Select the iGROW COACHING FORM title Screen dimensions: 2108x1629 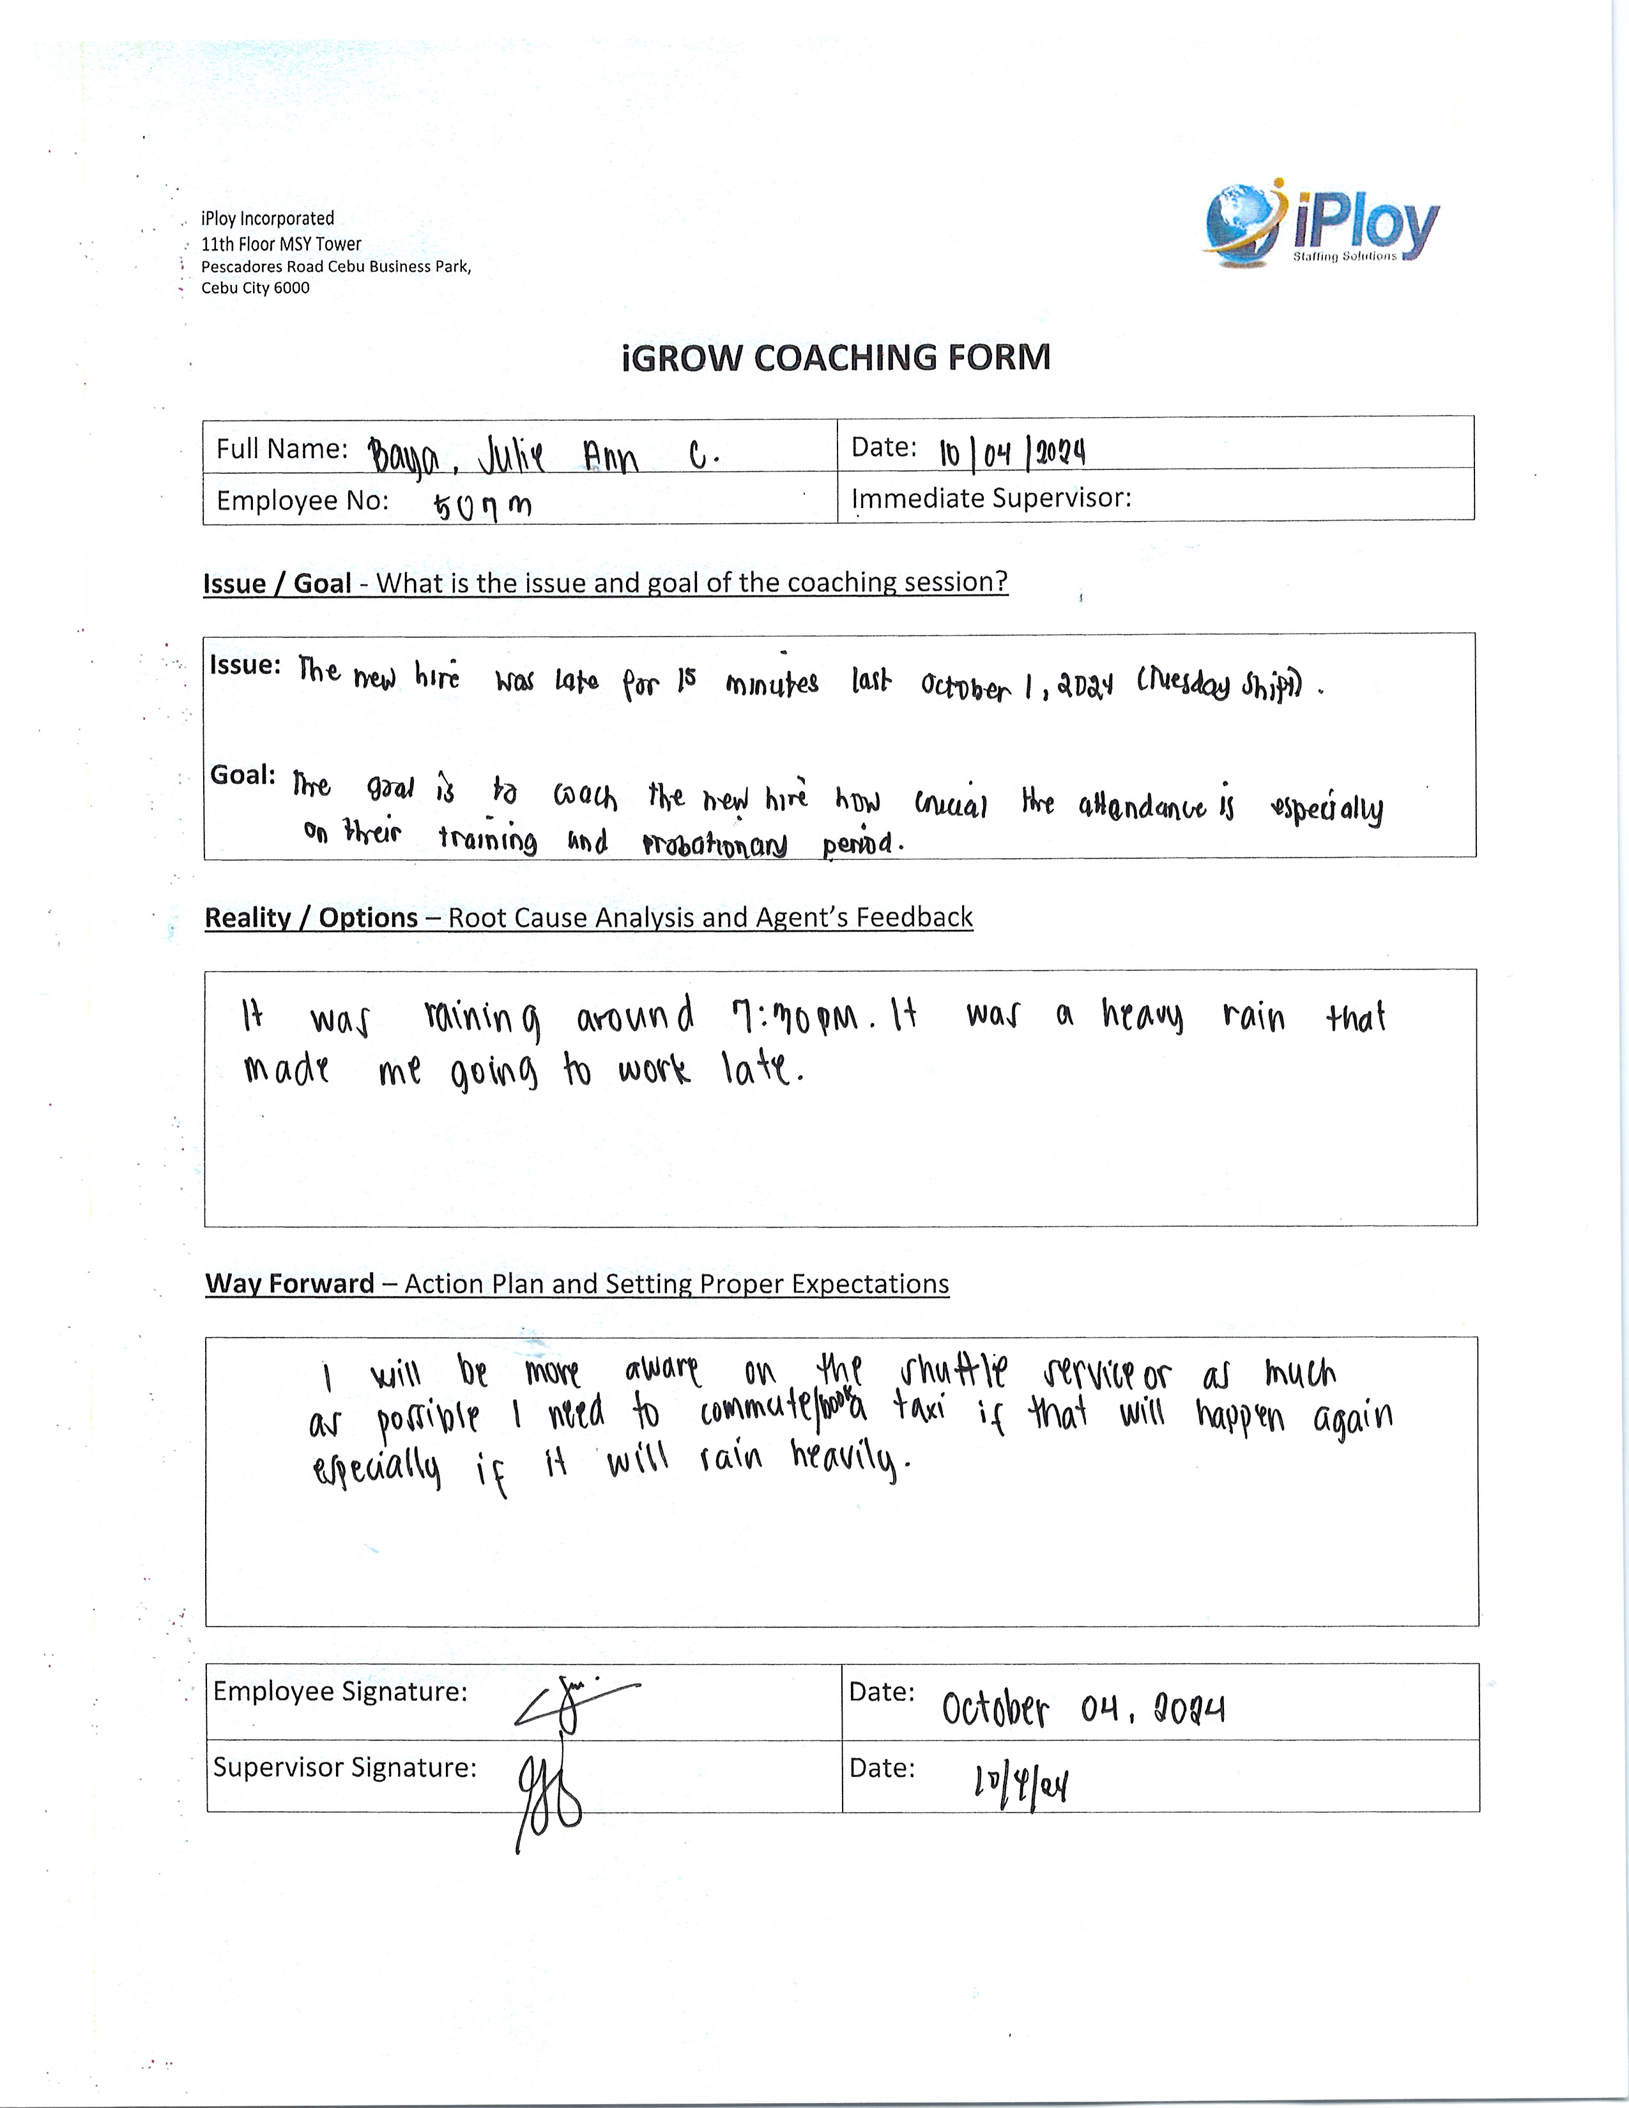click(x=836, y=357)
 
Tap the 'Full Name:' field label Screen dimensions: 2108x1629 click(x=281, y=449)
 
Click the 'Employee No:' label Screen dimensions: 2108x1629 click(x=302, y=500)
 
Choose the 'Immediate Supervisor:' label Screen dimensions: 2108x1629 click(x=990, y=498)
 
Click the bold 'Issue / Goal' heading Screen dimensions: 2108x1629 click(x=277, y=583)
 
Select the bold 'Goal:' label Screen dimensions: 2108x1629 click(x=242, y=775)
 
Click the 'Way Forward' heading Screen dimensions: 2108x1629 click(x=289, y=1284)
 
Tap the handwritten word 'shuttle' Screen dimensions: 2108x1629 click(x=954, y=1371)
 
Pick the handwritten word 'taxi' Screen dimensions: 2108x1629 click(x=918, y=1413)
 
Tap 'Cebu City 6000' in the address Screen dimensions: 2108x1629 click(x=255, y=287)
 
